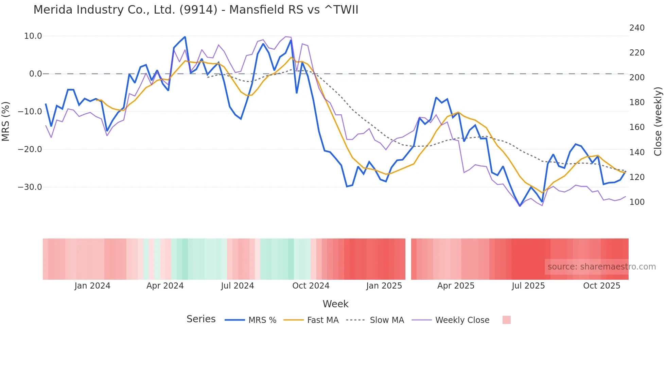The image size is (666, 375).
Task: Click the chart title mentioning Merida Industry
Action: click(x=196, y=10)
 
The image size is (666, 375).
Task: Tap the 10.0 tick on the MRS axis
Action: click(x=33, y=36)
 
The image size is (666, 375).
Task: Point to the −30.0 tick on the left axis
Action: click(x=30, y=187)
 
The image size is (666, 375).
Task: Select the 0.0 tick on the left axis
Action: click(x=35, y=74)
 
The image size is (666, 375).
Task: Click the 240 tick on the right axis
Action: click(x=637, y=28)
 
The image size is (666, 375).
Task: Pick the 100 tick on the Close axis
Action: click(x=637, y=202)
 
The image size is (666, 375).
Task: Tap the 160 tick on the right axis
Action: click(x=637, y=127)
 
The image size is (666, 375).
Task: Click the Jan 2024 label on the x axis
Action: click(x=92, y=286)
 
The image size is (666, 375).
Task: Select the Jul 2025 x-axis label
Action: click(x=528, y=286)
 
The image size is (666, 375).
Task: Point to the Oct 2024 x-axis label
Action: click(x=311, y=286)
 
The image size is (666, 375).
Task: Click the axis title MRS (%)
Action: click(x=6, y=121)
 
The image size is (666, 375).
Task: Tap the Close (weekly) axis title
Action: click(x=658, y=121)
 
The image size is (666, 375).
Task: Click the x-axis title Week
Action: click(x=335, y=304)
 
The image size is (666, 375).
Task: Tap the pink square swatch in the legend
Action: click(x=506, y=320)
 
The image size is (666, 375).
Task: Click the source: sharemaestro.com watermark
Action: click(x=601, y=267)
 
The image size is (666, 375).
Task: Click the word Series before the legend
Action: click(x=201, y=319)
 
